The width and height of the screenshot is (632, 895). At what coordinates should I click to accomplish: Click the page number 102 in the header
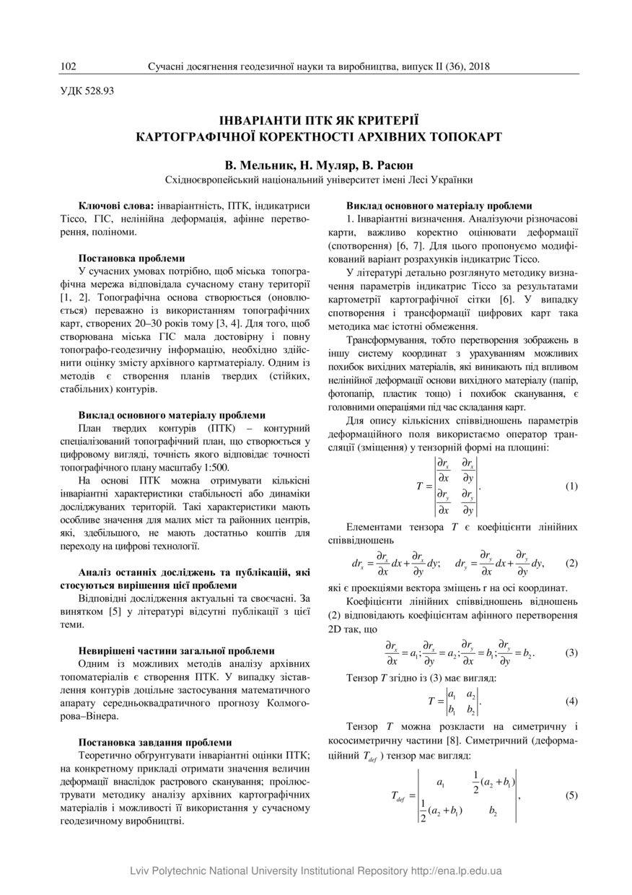coord(69,67)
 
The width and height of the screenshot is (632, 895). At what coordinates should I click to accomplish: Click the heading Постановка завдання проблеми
coord(155,742)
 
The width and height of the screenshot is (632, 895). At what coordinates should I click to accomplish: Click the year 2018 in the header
coord(478,67)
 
